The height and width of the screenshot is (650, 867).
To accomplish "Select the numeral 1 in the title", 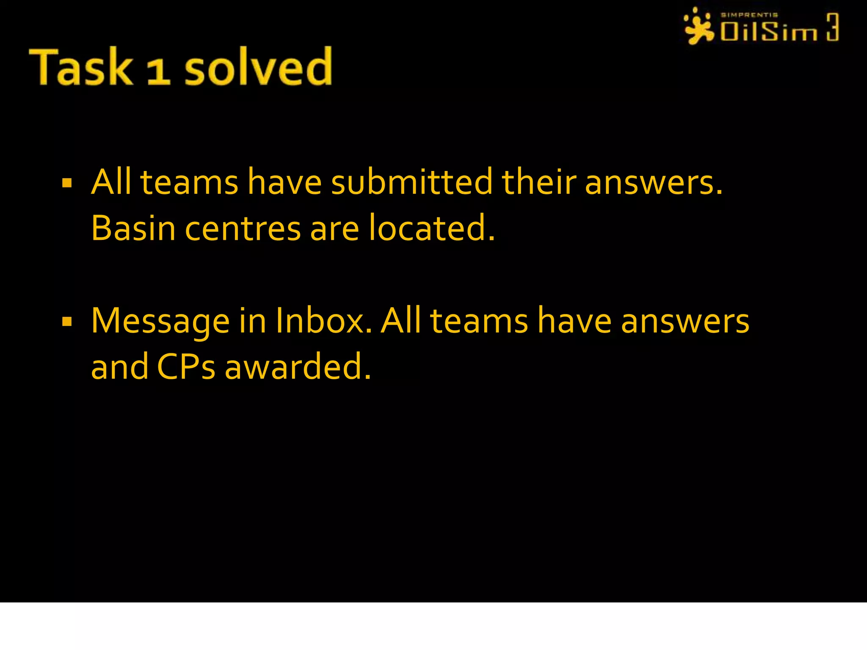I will tap(158, 71).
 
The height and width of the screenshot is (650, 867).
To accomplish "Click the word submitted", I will tap(411, 182).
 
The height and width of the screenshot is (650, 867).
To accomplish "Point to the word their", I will tap(539, 182).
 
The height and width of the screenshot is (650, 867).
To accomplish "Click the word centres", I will tap(243, 229).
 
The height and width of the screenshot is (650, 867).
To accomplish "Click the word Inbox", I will tap(323, 320).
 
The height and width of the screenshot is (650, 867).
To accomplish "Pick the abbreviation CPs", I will tap(186, 366).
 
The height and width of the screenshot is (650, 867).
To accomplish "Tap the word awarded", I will tap(298, 366).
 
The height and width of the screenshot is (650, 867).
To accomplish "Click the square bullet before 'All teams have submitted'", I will tap(67, 183).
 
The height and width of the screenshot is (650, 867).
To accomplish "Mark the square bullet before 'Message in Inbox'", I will tap(67, 322).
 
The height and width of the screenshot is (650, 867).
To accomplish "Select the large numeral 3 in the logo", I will tap(832, 27).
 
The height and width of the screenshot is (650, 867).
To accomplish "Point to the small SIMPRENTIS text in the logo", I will tap(749, 15).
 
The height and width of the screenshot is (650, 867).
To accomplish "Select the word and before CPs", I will tap(119, 366).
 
